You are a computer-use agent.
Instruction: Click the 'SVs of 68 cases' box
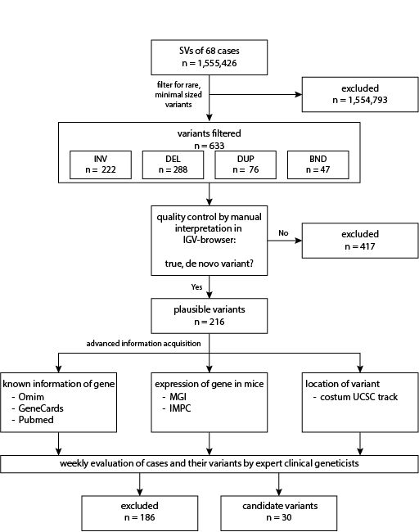(209, 57)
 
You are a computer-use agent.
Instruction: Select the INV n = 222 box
(101, 165)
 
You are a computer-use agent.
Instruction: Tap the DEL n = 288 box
(173, 165)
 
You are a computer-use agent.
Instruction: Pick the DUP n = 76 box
(246, 165)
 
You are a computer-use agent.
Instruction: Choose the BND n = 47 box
(318, 165)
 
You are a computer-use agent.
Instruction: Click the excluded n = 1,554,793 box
(360, 94)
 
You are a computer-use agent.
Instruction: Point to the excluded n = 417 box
(360, 241)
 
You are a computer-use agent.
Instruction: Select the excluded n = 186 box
(139, 513)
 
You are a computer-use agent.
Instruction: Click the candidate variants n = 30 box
(279, 513)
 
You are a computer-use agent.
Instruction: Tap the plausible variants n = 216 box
(209, 316)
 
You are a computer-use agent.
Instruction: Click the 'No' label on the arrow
(283, 233)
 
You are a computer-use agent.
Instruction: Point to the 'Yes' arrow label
(196, 287)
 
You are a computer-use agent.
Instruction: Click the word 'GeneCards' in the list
(41, 408)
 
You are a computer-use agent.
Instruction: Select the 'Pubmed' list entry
(36, 420)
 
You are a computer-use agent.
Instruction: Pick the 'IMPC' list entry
(180, 408)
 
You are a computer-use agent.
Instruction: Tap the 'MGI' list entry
(178, 397)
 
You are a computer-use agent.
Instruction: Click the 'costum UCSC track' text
(358, 397)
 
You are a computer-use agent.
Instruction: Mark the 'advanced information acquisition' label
(143, 344)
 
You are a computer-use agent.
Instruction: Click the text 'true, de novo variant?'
(209, 264)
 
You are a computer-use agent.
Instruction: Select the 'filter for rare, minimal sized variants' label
(178, 94)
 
